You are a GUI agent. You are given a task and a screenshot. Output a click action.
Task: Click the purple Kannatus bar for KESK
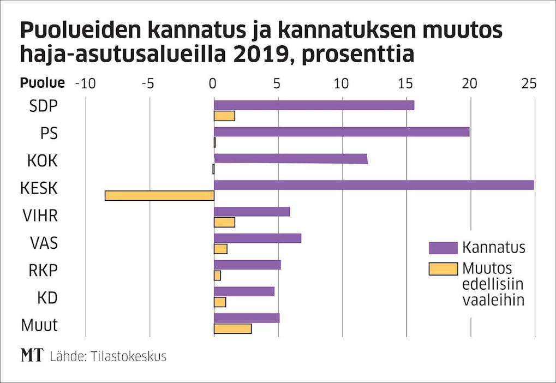click(374, 185)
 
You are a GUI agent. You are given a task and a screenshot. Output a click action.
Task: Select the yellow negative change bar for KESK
click(159, 195)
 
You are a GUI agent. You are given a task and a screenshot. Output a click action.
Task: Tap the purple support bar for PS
click(342, 131)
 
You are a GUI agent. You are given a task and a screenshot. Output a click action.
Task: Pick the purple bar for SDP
click(314, 105)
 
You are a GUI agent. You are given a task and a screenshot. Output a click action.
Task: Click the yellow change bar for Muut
click(232, 328)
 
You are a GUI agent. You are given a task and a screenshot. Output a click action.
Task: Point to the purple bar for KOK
click(290, 159)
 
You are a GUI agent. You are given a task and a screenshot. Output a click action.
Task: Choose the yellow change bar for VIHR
click(224, 222)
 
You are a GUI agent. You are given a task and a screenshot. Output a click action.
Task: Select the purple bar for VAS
click(258, 238)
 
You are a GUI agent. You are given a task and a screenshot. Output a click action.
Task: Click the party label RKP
click(44, 271)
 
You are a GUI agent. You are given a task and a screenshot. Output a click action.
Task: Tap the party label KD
click(47, 298)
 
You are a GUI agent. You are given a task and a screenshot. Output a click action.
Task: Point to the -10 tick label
click(84, 83)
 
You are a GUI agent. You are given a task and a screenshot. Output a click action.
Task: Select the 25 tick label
click(529, 83)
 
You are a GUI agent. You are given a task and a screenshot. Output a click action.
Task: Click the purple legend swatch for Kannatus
click(443, 248)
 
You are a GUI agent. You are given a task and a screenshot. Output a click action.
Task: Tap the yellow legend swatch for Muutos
click(443, 268)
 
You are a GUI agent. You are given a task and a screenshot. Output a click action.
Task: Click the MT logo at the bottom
click(32, 356)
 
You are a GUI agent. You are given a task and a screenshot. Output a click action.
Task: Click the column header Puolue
click(43, 83)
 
